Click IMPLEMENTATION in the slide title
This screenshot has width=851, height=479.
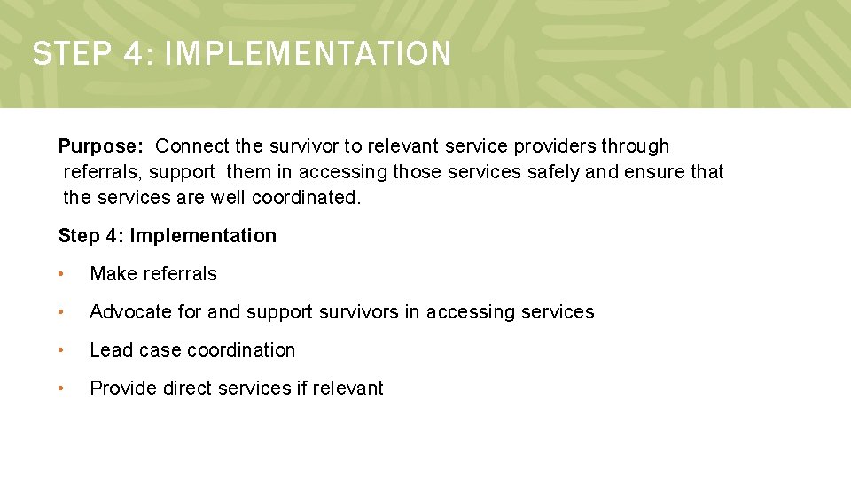coord(308,54)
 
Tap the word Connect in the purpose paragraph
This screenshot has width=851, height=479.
coord(191,146)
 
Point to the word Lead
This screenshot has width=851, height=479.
coord(109,350)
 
